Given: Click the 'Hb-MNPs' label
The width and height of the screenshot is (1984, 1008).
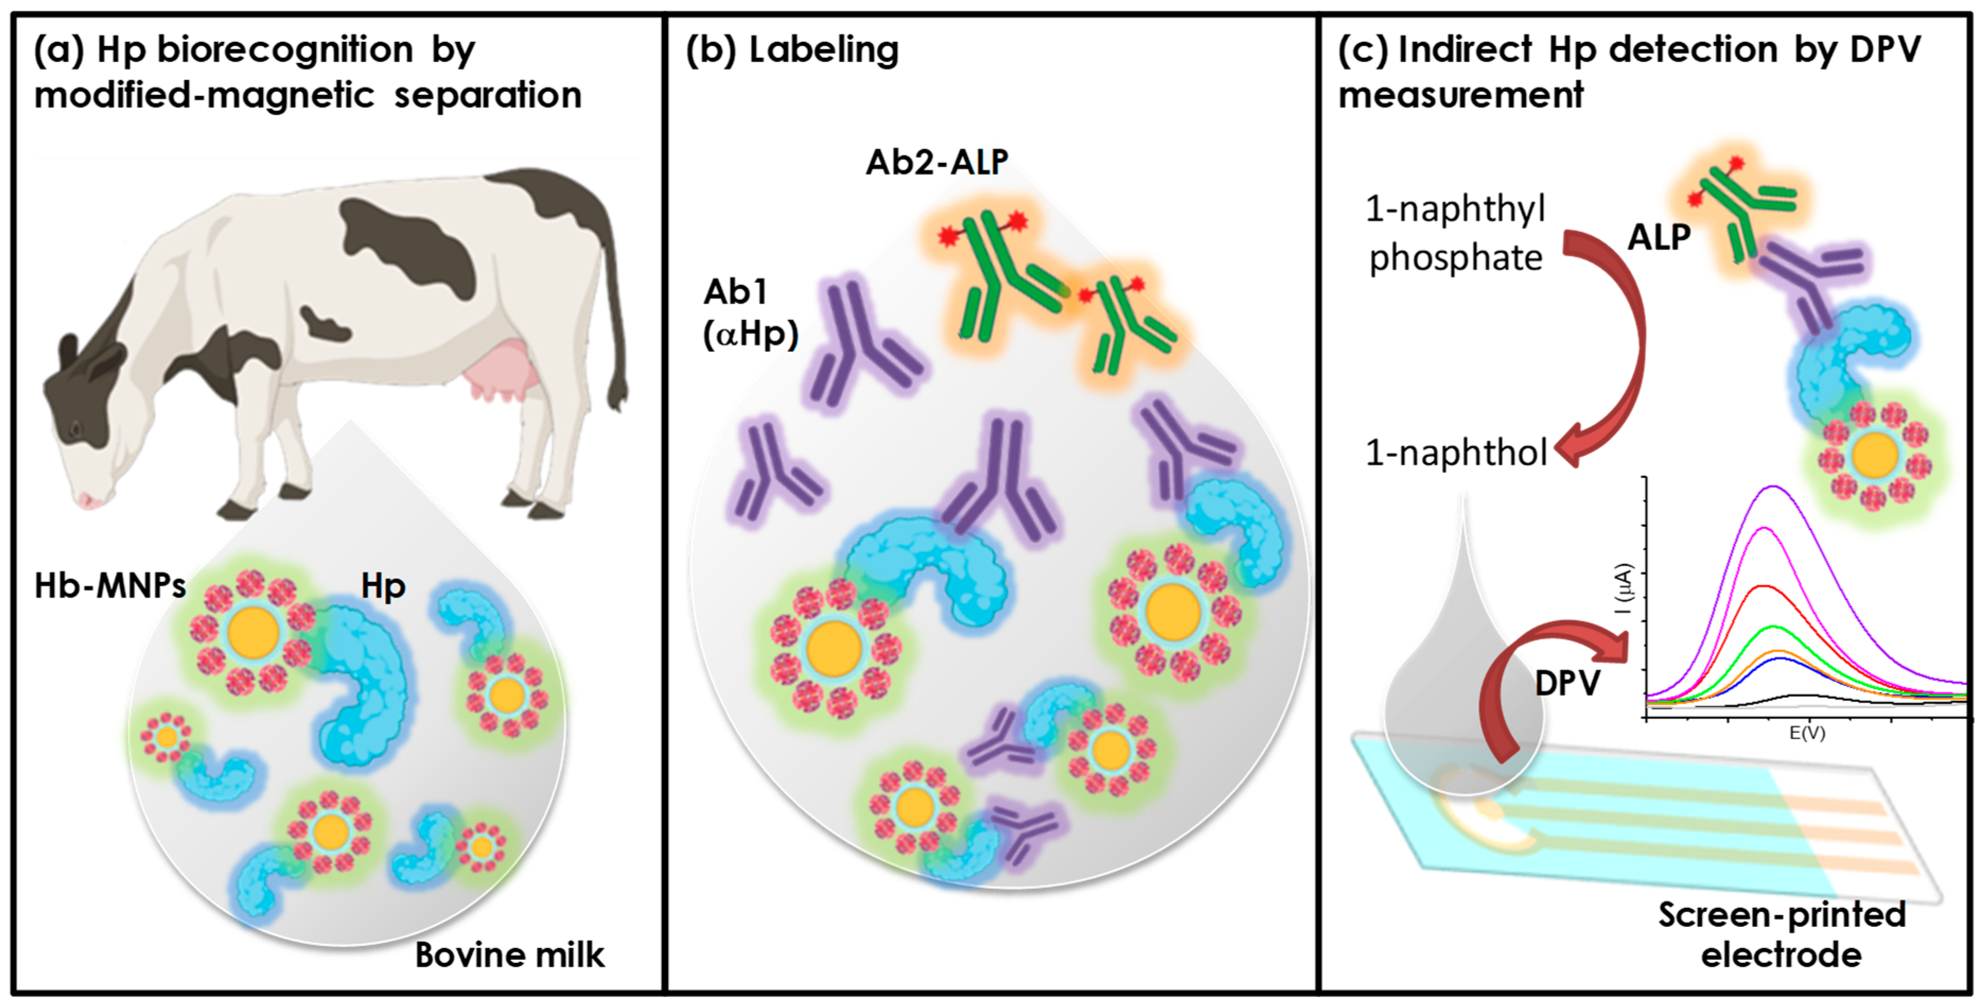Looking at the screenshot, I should click(110, 586).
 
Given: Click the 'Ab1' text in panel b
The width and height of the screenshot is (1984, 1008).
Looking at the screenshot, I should click(735, 293).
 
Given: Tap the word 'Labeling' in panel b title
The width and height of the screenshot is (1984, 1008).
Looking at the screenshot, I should click(823, 50).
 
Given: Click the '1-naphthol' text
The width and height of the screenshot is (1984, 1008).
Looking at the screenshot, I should click(1455, 453).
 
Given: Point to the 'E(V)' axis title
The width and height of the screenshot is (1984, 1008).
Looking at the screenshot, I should click(1806, 733).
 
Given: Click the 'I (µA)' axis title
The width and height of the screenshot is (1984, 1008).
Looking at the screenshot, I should click(1623, 589).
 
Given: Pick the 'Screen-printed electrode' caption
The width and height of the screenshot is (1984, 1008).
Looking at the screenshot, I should click(1781, 935).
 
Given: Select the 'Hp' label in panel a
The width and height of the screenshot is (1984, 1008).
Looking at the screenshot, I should click(383, 587).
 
